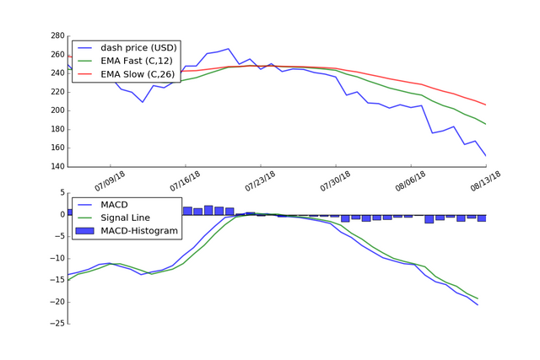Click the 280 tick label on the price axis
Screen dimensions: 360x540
(x=57, y=36)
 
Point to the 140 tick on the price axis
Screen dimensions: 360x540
(x=57, y=166)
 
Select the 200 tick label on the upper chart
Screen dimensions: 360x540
(x=57, y=110)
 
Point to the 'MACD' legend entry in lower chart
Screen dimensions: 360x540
(x=115, y=204)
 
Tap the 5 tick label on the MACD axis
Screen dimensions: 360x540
(x=61, y=193)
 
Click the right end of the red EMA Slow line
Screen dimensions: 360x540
(x=485, y=105)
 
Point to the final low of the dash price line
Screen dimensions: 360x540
(x=485, y=155)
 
